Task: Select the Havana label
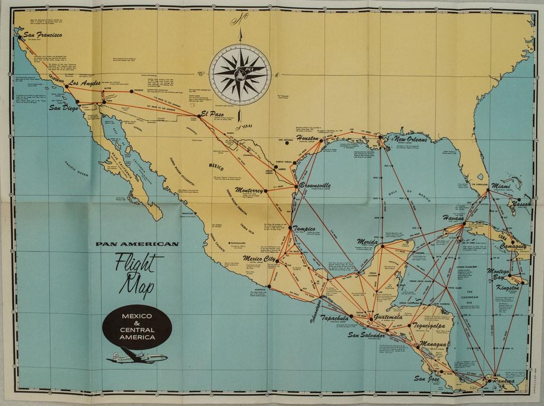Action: coord(453,218)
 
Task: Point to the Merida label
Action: coord(368,242)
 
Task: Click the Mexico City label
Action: coord(259,259)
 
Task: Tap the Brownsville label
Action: coord(315,185)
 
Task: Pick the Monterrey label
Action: coord(249,190)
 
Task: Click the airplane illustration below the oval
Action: coord(137,357)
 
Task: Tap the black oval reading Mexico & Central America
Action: coord(137,326)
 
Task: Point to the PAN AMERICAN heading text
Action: coord(137,244)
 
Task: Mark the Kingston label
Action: coord(507,287)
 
